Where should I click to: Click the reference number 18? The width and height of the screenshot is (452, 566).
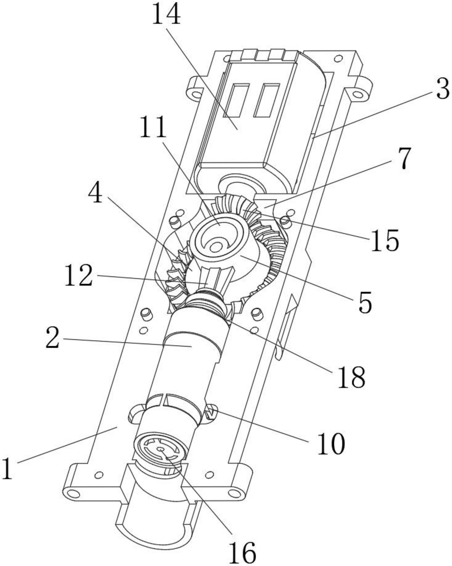[x=351, y=377]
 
